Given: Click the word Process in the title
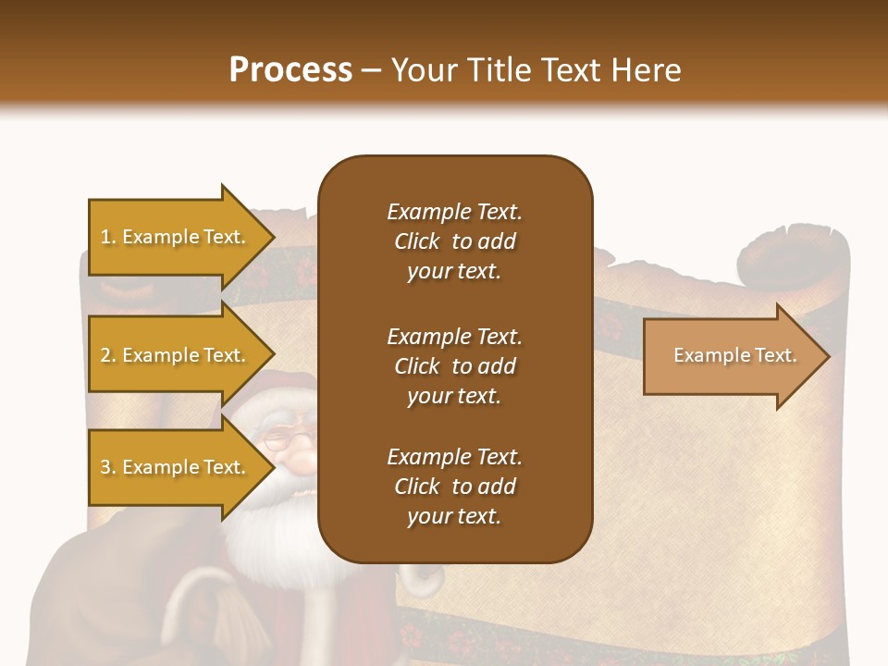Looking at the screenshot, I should pos(290,70).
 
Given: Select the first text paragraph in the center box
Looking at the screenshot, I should pos(454,241).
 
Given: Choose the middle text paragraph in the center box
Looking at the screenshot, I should pos(454,366).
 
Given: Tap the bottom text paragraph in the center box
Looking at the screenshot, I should pos(454,487).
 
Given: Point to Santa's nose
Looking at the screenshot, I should pos(294,456).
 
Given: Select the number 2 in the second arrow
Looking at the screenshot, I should pos(105,355).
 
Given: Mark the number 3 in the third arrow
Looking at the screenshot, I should pos(105,467).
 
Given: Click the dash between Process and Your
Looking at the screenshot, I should pos(372,71).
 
